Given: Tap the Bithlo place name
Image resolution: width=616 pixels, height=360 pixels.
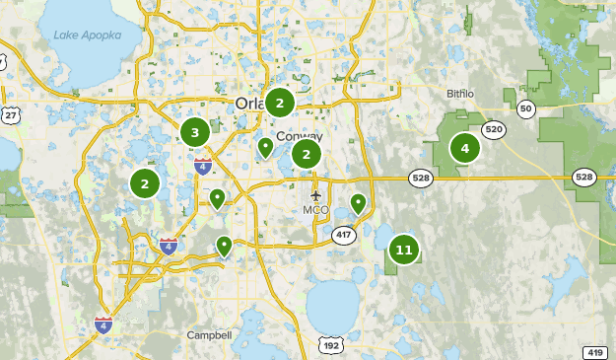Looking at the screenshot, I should [x=459, y=94].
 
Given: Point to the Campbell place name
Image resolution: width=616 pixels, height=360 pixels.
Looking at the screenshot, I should [x=209, y=335].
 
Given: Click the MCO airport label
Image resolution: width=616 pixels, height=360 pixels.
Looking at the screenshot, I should [x=316, y=209].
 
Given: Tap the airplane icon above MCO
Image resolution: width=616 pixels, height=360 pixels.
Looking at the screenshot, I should [x=316, y=194].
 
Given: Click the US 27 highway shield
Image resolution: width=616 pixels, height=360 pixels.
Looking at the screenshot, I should [x=11, y=115].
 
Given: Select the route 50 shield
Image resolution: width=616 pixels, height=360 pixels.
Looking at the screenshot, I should [x=525, y=108].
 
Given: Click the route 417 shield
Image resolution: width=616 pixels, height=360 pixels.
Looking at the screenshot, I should [x=344, y=235].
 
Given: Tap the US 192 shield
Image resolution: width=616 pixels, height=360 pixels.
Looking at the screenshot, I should [x=331, y=344].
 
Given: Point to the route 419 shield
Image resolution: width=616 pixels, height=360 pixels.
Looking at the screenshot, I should [x=595, y=352].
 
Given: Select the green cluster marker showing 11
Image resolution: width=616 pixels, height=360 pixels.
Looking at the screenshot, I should [x=404, y=250].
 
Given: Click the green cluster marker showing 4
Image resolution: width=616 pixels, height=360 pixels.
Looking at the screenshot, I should [x=464, y=149].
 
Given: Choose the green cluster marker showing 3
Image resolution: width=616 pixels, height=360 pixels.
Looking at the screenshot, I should [x=195, y=132].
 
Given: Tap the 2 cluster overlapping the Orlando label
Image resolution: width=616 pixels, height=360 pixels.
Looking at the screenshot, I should [x=280, y=102].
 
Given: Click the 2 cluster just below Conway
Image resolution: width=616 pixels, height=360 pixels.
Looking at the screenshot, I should [x=307, y=155].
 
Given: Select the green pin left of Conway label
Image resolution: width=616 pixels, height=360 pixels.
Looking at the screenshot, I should [x=265, y=148].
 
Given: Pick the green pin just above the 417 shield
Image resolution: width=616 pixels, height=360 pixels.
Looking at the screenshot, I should [x=358, y=204].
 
